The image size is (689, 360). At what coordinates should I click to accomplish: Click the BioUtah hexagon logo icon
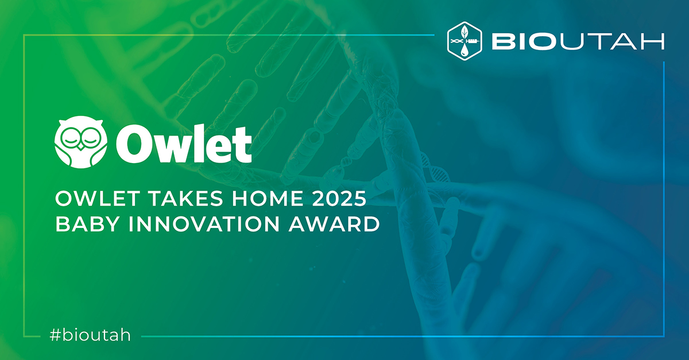pos(465,41)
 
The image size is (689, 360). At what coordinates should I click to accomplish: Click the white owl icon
pos(81,142)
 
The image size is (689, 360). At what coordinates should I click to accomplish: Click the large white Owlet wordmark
pos(184,144)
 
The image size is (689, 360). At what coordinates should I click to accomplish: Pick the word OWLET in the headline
pos(98,199)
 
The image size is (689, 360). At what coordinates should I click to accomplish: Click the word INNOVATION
pos(204,224)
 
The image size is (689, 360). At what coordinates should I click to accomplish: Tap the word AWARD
pos(334,224)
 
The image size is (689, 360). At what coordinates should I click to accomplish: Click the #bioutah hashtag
pos(90,335)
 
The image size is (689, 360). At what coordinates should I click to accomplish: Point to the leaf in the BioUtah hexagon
pos(465,32)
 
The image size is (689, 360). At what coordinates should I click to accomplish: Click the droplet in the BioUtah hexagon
pos(465,50)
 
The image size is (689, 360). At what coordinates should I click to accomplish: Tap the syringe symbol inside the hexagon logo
pos(472,41)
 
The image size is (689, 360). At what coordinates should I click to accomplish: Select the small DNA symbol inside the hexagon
pos(457,41)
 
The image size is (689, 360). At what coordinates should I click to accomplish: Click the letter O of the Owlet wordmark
pos(133,144)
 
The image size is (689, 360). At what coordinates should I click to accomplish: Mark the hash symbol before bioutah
pos(55,335)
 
